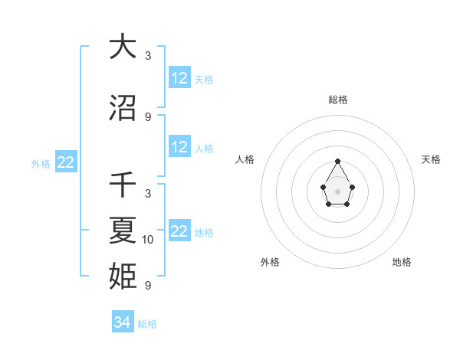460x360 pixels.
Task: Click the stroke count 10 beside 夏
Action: (148, 240)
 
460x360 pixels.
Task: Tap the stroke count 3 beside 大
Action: (148, 56)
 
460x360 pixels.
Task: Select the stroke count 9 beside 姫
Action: (148, 286)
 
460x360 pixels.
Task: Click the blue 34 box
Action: (123, 322)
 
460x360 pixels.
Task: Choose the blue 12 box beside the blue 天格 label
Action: (179, 78)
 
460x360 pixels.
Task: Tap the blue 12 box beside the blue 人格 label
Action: (179, 147)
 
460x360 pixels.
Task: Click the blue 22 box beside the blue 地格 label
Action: (179, 231)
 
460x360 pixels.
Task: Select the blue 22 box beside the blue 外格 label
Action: (66, 162)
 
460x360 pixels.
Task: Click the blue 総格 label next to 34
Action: (147, 324)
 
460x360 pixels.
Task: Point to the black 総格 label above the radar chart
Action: (338, 100)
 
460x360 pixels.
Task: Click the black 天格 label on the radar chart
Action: (431, 159)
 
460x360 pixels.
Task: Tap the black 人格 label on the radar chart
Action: (245, 159)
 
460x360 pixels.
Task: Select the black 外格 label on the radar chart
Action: (270, 262)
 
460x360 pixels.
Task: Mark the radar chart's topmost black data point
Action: (338, 161)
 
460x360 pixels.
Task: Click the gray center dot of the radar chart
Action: (338, 190)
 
